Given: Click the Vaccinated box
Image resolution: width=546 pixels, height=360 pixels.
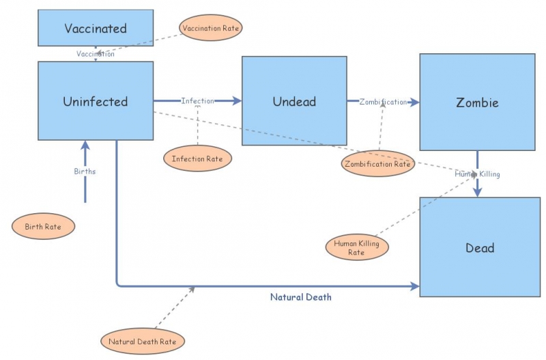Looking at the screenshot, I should [96, 28].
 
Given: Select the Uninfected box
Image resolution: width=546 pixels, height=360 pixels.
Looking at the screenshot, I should [96, 101].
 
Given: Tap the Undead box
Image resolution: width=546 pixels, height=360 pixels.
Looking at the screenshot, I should [295, 101].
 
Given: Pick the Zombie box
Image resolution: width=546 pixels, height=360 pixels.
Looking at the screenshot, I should [477, 102].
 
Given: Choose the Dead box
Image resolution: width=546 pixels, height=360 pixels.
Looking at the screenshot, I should [480, 247].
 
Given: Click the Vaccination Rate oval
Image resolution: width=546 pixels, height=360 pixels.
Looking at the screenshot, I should [212, 28].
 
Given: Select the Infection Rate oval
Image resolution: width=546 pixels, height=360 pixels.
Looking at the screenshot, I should [197, 158].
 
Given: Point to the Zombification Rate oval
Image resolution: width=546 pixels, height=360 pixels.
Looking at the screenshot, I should [377, 163].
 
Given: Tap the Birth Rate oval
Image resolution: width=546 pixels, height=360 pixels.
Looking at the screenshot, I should [44, 226].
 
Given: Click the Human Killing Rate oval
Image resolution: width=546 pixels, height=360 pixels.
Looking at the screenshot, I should [356, 247].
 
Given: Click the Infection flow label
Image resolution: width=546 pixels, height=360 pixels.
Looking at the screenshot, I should [197, 101].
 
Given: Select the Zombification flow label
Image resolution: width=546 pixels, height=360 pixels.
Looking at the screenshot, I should [383, 102].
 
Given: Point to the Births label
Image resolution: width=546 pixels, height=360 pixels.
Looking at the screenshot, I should [85, 171].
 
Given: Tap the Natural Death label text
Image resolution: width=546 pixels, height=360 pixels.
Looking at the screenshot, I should [300, 297].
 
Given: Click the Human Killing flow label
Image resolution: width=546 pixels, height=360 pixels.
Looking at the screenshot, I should [478, 174].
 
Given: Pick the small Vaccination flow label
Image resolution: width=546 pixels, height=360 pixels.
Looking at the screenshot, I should [96, 54].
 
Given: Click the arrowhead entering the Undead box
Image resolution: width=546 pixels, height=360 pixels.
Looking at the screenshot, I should [238, 101].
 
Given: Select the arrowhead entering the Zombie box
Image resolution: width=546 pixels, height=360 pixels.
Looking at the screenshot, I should [415, 102].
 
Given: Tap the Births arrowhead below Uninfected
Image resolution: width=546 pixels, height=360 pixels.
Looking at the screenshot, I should [85, 145].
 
